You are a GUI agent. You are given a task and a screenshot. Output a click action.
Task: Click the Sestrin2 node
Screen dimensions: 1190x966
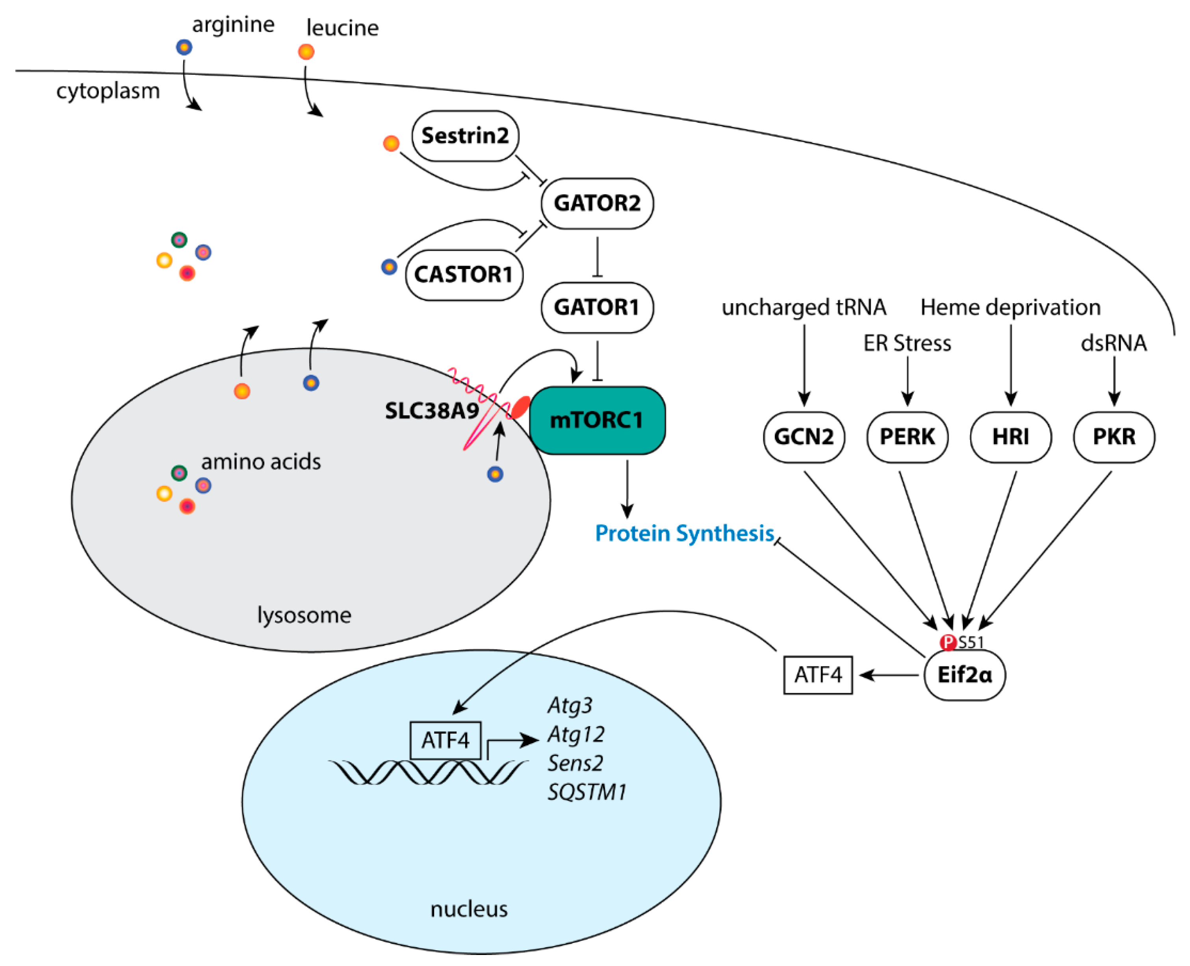tap(465, 136)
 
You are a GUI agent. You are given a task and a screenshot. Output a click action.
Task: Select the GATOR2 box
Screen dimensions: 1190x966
tap(597, 203)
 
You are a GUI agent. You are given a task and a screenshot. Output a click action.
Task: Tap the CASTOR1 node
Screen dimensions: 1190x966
tap(464, 274)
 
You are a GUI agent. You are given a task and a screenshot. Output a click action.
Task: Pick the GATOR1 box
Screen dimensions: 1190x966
tap(597, 307)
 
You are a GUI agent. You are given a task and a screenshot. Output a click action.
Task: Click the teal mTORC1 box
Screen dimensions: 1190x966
tap(597, 420)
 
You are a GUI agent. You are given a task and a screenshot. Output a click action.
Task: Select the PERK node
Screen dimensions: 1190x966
tap(907, 437)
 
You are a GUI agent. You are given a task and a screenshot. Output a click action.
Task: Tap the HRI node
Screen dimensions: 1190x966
tap(1010, 437)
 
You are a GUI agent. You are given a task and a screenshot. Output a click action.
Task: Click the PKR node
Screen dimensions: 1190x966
tap(1113, 437)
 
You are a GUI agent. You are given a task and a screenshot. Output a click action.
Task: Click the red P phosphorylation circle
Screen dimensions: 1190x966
tap(947, 643)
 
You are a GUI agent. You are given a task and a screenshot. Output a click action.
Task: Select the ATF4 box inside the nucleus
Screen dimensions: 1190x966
tap(445, 740)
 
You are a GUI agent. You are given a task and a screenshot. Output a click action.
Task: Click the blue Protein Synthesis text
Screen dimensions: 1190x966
tap(684, 533)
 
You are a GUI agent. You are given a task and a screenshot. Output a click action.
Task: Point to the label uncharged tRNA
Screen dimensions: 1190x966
tap(803, 307)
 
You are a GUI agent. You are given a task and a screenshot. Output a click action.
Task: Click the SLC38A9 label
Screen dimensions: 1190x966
tap(431, 411)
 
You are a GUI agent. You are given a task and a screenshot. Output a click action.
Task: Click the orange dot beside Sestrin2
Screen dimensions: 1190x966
tap(391, 144)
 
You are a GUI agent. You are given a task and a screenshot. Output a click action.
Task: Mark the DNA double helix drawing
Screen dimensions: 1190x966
tap(427, 772)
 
